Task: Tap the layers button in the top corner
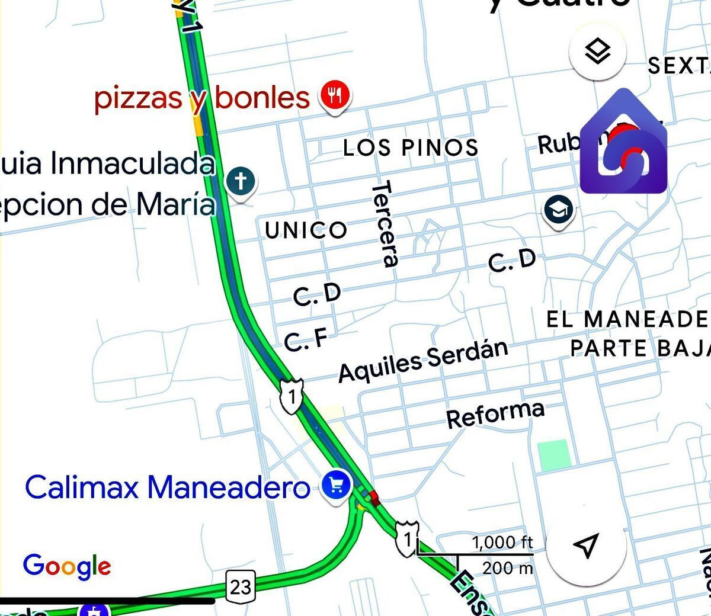click(x=597, y=52)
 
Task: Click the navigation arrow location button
click(x=586, y=546)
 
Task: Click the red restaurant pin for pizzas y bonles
click(x=335, y=96)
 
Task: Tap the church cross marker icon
click(x=241, y=181)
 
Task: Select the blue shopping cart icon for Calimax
click(x=336, y=486)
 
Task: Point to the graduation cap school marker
click(x=558, y=210)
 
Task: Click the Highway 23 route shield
click(x=241, y=586)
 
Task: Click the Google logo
click(x=67, y=566)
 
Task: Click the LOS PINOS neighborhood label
click(x=411, y=147)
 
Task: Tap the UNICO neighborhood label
click(x=306, y=230)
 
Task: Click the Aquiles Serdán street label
click(x=423, y=360)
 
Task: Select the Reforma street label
click(x=495, y=413)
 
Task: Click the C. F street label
click(x=306, y=339)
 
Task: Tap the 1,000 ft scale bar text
click(x=502, y=542)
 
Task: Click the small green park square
click(x=554, y=455)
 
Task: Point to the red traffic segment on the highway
click(x=374, y=497)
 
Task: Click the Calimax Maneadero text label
click(x=167, y=487)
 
